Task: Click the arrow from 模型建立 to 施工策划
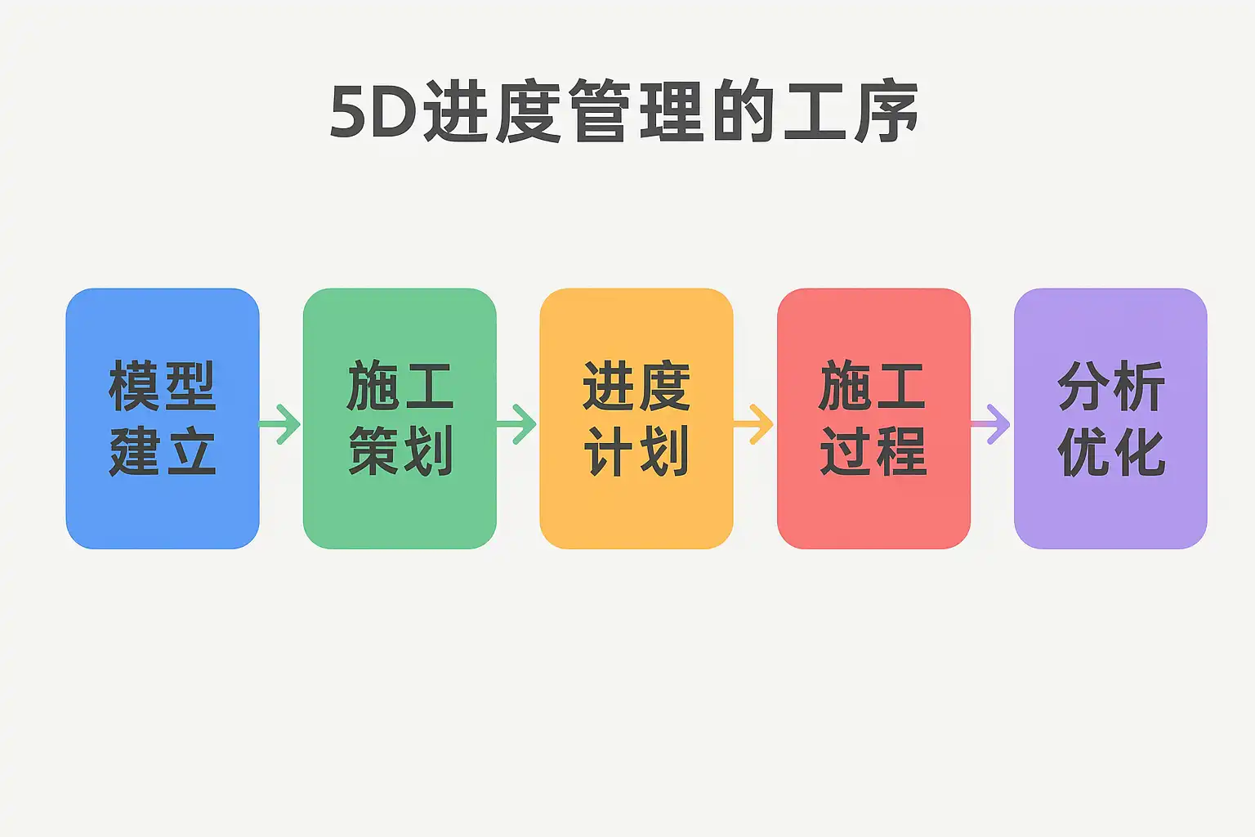[281, 423]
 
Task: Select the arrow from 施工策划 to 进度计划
[517, 423]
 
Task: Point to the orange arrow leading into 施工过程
[754, 423]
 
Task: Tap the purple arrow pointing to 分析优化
[991, 423]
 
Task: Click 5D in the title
[373, 112]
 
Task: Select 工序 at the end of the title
[850, 112]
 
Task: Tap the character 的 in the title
[742, 112]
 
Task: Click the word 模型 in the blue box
[162, 387]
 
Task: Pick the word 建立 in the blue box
[162, 451]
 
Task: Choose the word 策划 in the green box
[400, 451]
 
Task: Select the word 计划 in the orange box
[636, 451]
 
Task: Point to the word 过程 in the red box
[873, 451]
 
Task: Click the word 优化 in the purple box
[1111, 451]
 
